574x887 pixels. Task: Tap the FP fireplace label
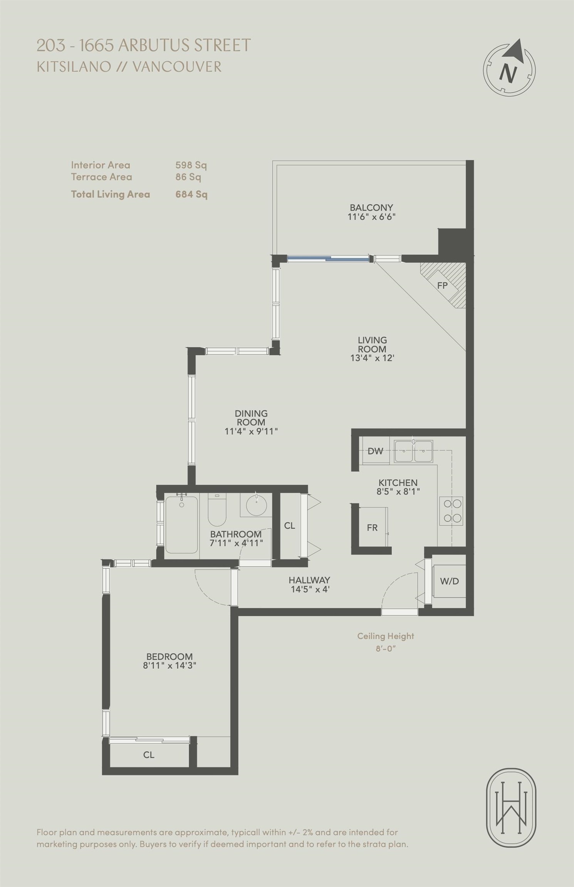pyautogui.click(x=442, y=286)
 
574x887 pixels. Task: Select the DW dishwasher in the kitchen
pyautogui.click(x=375, y=451)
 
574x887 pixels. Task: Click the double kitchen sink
pyautogui.click(x=413, y=450)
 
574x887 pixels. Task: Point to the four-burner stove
pyautogui.click(x=451, y=511)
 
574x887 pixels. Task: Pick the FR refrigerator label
pyautogui.click(x=372, y=528)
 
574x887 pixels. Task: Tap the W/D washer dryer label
pyautogui.click(x=450, y=581)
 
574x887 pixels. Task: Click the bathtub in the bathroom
pyautogui.click(x=181, y=525)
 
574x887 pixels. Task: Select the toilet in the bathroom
pyautogui.click(x=217, y=510)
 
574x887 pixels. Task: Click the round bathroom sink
pyautogui.click(x=256, y=505)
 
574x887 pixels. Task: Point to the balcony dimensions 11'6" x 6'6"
pyautogui.click(x=371, y=216)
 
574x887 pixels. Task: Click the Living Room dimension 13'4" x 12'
pyautogui.click(x=372, y=358)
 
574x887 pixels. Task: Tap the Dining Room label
pyautogui.click(x=251, y=418)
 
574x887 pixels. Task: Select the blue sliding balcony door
pyautogui.click(x=328, y=259)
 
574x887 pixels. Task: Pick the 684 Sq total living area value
pyautogui.click(x=191, y=194)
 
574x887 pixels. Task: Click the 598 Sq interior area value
pyautogui.click(x=191, y=165)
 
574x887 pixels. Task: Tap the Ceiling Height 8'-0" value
pyautogui.click(x=386, y=648)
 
